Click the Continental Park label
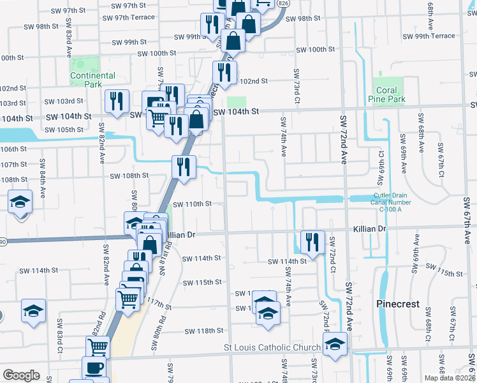pyautogui.click(x=93, y=80)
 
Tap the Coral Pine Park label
pyautogui.click(x=386, y=95)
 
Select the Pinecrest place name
pyautogui.click(x=398, y=304)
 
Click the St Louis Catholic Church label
pyautogui.click(x=272, y=347)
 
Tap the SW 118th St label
pyautogui.click(x=204, y=331)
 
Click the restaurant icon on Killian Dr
pyautogui.click(x=312, y=243)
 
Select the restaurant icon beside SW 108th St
pyautogui.click(x=183, y=168)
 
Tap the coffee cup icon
pyautogui.click(x=95, y=368)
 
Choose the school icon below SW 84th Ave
pyautogui.click(x=20, y=203)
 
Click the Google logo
pyautogui.click(x=21, y=375)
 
